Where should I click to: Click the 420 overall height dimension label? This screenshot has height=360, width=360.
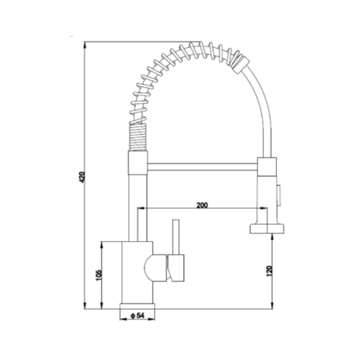(82, 177)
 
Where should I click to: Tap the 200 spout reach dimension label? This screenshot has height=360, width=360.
(202, 205)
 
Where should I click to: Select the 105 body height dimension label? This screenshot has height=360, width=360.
(99, 275)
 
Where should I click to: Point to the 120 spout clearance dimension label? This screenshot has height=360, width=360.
(269, 271)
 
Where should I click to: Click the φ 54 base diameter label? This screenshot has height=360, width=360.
(137, 316)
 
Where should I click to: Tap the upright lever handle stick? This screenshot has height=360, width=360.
(176, 237)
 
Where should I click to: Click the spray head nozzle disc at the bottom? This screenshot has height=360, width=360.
(267, 229)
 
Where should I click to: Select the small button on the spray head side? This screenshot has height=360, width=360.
(278, 195)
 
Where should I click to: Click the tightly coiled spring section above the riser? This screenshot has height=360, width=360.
(137, 137)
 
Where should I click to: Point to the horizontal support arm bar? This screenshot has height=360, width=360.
(202, 167)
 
